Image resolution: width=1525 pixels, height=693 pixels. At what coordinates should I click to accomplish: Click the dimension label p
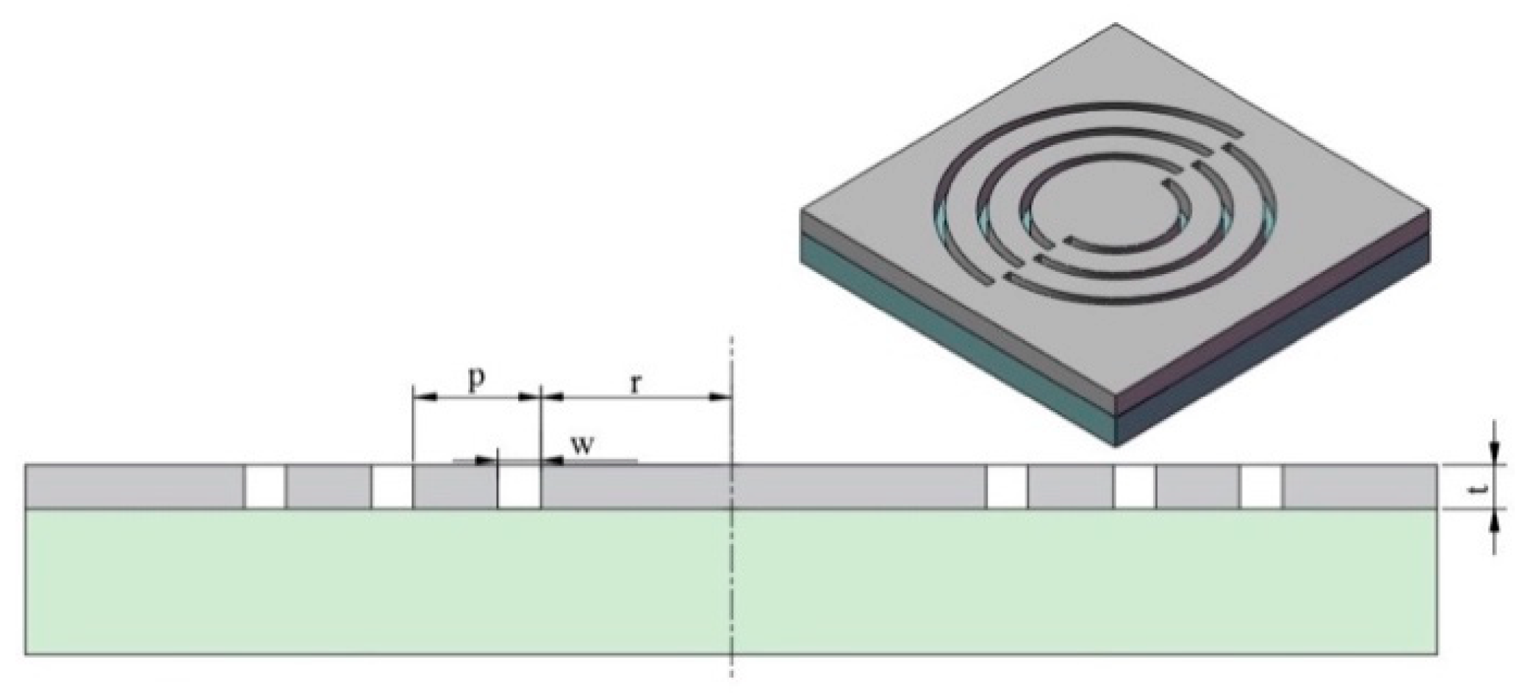[477, 380]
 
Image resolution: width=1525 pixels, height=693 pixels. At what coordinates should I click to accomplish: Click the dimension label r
[636, 384]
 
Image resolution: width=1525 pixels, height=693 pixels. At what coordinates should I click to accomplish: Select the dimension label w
[583, 445]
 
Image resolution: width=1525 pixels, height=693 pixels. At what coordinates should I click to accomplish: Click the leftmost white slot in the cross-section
[265, 486]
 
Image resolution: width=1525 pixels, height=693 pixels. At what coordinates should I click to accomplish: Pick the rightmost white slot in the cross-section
[1262, 486]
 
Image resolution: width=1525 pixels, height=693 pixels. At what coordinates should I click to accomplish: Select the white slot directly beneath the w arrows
[519, 486]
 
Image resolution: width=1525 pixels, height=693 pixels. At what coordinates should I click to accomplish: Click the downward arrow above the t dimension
[1495, 452]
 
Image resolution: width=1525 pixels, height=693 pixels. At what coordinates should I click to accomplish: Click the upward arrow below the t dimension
[1495, 523]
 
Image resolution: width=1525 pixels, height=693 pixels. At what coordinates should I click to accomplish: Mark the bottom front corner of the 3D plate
[1118, 445]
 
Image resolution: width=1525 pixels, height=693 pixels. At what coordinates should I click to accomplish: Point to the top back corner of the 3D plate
[1117, 25]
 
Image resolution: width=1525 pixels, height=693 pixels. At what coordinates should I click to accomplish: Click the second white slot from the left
[392, 486]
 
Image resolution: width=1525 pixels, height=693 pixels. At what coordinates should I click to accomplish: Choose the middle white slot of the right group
[1134, 486]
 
